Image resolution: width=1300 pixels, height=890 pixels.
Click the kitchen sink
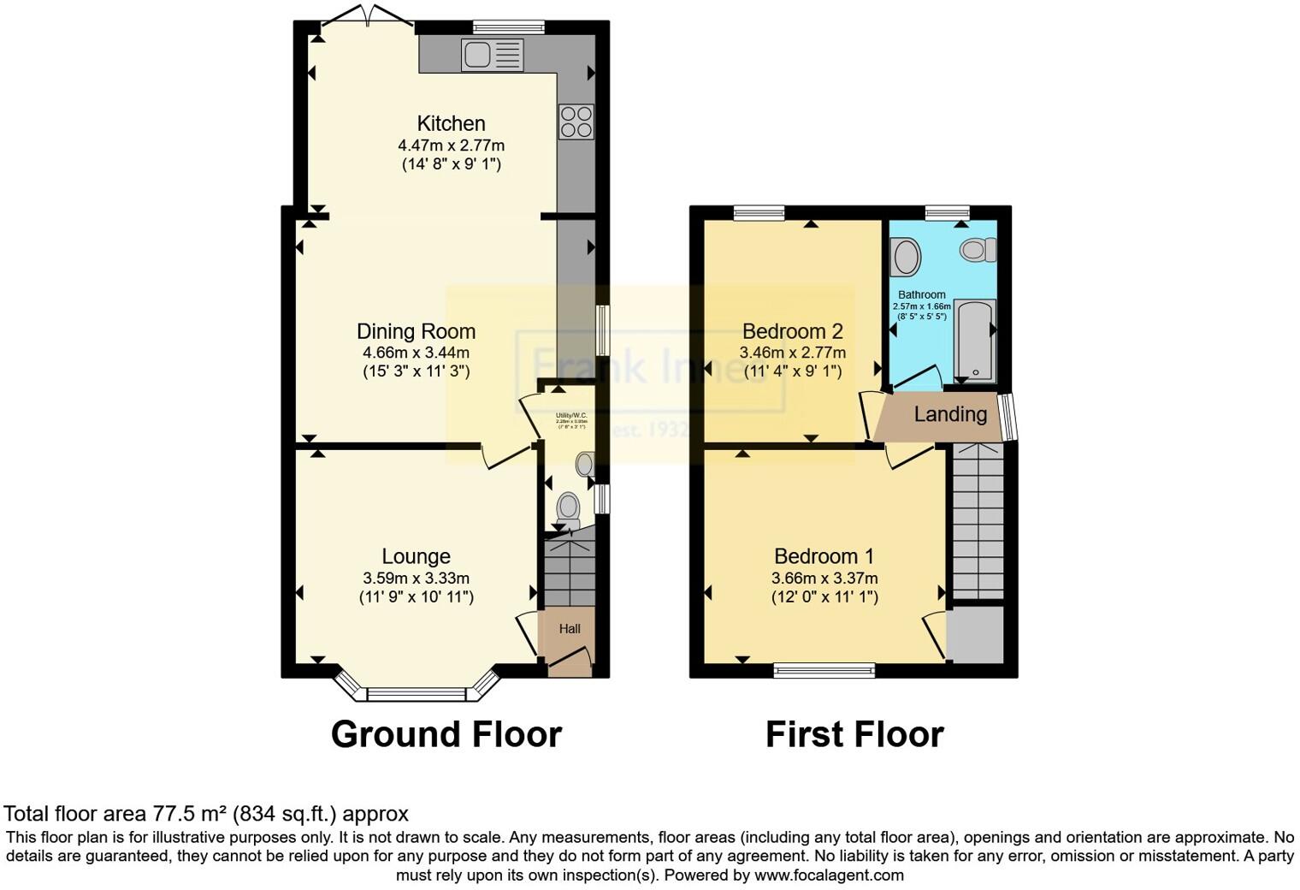coord(491,56)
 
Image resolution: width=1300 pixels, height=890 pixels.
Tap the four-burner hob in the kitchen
coord(576,122)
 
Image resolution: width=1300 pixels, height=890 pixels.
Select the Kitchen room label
coord(451,123)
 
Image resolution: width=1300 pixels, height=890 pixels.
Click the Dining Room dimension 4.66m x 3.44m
coord(416,352)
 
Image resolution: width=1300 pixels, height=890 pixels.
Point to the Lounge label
coord(416,556)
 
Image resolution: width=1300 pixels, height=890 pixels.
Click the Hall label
coord(570,629)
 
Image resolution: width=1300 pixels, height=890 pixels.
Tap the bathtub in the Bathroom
coord(974,340)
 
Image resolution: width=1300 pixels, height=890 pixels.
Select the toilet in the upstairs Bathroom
coord(978,250)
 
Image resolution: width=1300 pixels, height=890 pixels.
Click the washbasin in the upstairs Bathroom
coord(905,256)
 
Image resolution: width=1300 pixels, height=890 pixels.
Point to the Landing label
coord(950,414)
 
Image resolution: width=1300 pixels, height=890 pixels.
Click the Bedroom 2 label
coord(792,331)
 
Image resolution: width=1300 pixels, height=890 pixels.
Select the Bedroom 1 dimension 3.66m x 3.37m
coord(824,578)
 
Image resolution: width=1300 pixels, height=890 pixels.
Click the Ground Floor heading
coord(446,734)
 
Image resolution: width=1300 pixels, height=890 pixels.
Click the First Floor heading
coord(854,734)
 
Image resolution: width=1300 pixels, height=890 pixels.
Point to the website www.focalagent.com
coord(829,875)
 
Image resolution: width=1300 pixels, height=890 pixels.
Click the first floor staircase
coord(978,522)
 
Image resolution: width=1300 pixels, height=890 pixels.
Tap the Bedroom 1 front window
coord(824,670)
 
